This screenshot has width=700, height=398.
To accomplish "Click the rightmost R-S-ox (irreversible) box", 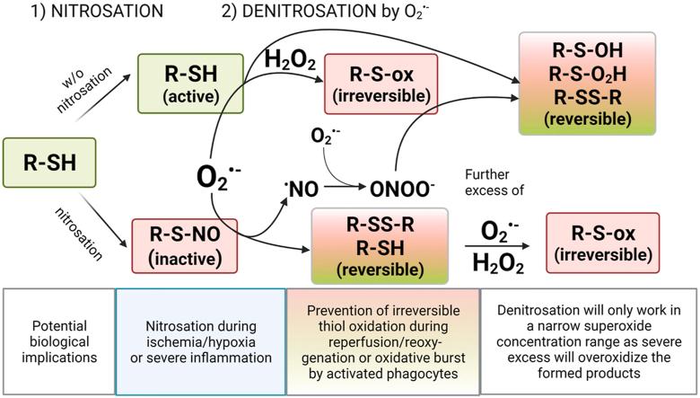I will coord(602,243).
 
